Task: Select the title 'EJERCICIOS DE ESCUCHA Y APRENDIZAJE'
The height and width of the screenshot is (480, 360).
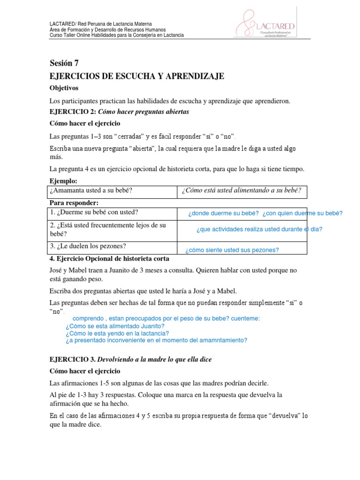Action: [137, 76]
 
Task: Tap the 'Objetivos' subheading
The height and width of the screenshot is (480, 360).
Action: [64, 88]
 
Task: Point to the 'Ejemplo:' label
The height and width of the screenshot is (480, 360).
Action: [63, 181]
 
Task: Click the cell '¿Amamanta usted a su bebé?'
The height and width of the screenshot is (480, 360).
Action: [91, 190]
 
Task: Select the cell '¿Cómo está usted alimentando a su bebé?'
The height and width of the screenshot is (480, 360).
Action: [241, 190]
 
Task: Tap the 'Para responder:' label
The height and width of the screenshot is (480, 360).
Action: [74, 202]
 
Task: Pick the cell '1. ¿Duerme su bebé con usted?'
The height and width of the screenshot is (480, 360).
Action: [94, 212]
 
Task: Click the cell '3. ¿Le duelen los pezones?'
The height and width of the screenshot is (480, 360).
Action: [88, 246]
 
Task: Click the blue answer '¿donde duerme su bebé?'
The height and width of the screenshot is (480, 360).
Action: [224, 213]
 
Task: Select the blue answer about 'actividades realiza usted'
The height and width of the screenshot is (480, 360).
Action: [259, 229]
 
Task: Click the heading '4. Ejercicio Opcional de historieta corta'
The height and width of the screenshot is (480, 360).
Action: [109, 258]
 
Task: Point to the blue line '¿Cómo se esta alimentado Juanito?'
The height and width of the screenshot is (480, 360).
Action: [115, 326]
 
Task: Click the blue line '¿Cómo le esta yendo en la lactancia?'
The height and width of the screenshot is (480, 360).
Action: [117, 333]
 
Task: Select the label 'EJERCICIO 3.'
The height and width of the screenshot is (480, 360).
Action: [73, 359]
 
